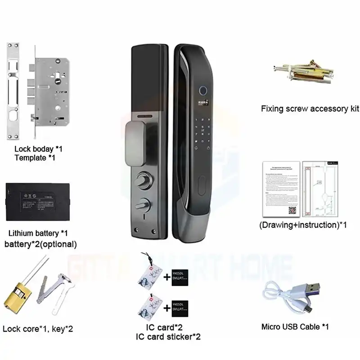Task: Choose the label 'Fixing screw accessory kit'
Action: pyautogui.click(x=310, y=108)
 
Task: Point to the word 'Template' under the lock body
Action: pyautogui.click(x=30, y=158)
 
